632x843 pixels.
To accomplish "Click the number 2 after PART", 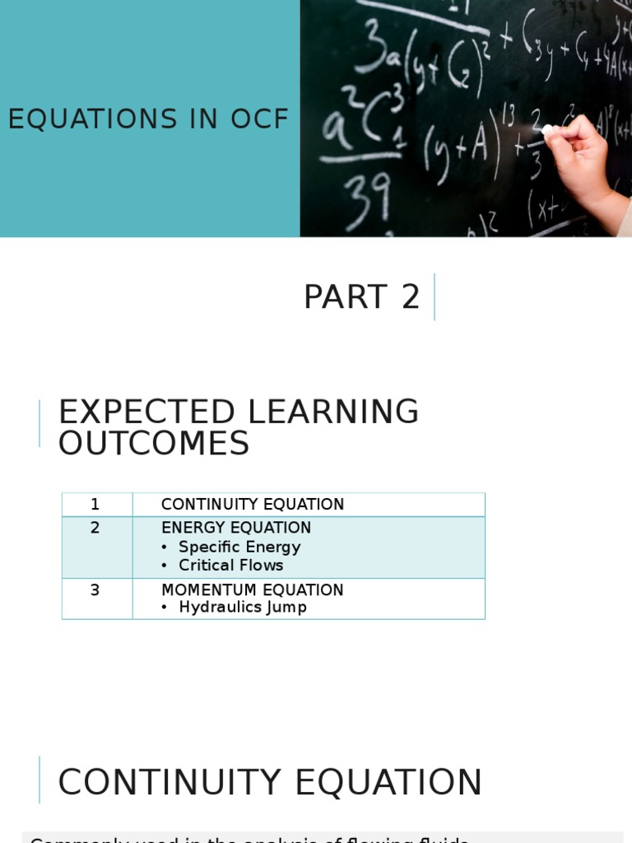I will [411, 297].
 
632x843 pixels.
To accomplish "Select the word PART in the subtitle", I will [345, 297].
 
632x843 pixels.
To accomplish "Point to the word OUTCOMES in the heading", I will [153, 444].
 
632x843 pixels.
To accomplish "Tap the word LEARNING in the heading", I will [332, 412].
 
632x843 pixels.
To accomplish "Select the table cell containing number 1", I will [95, 504].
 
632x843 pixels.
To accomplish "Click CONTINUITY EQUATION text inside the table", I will [253, 504].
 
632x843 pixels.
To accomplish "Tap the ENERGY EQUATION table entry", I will [236, 528].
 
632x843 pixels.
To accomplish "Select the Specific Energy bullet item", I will [239, 547].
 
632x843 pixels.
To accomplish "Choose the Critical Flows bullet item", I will [230, 566].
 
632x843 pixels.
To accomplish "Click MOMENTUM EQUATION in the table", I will [252, 589].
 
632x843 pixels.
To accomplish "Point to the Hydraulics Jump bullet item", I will [243, 608].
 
